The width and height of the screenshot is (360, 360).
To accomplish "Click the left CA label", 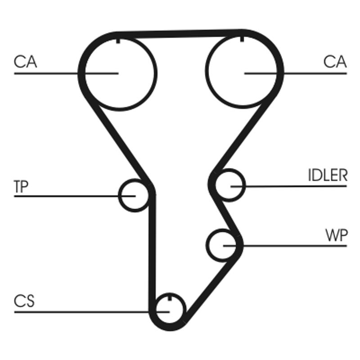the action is [25, 62].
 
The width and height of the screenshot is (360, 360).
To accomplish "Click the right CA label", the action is [335, 62].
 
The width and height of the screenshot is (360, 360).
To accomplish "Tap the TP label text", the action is [21, 186].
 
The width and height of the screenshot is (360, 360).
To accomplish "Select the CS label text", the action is [24, 301].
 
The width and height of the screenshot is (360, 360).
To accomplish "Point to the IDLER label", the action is [328, 175].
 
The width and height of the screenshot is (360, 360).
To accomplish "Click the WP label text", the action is [337, 235].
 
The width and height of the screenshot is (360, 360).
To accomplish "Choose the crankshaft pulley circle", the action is [185, 309].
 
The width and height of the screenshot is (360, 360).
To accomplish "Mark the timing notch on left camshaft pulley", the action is [118, 41].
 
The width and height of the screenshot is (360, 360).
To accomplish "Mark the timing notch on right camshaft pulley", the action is [242, 39].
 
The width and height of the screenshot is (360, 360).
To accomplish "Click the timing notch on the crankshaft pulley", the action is [170, 298].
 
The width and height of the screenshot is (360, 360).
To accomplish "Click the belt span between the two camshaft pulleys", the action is [180, 34].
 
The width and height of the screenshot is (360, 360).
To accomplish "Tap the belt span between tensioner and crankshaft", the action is [152, 252].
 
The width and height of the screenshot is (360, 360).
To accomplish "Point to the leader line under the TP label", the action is [75, 196].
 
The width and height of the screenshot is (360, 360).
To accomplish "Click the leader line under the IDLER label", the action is [288, 186].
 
